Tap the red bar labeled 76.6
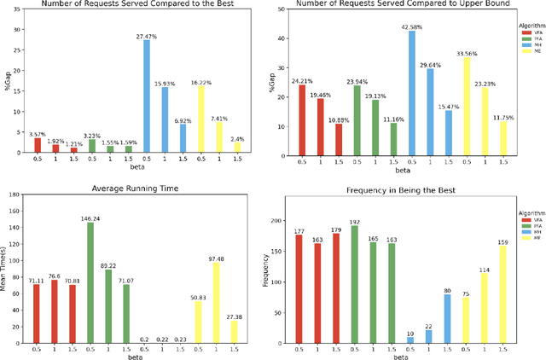pyautogui.click(x=55, y=311)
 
